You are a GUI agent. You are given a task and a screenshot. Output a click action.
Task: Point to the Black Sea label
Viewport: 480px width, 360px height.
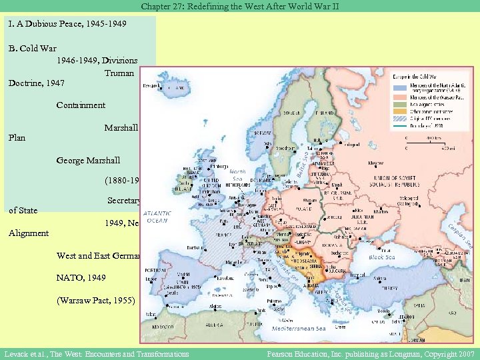pos(381,257)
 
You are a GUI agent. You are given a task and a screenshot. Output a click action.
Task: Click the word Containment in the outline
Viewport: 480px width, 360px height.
pos(81,105)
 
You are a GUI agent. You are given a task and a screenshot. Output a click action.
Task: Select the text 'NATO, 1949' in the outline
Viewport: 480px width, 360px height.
pos(81,277)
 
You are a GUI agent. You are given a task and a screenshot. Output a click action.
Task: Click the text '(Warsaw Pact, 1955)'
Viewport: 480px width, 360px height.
pos(95,300)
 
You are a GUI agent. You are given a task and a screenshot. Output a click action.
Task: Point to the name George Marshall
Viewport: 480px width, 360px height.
pos(89,161)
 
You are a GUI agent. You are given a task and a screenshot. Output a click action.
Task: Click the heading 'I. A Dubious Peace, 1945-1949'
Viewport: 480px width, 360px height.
pos(67,23)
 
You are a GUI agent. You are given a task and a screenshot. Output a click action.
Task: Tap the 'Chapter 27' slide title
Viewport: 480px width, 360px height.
pos(239,6)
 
